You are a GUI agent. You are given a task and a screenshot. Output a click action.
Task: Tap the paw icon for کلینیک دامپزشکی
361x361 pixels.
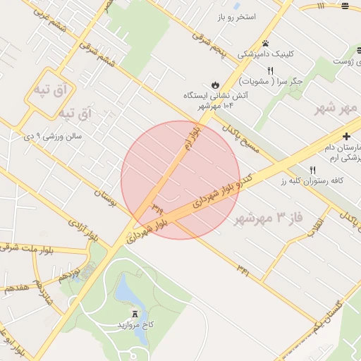tap(265, 43)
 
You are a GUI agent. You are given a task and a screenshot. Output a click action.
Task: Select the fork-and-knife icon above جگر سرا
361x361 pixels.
tap(270, 70)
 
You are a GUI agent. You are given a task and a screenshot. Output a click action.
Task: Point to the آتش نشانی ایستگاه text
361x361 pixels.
tap(207, 95)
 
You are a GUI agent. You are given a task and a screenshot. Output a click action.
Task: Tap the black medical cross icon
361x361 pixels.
tap(346, 135)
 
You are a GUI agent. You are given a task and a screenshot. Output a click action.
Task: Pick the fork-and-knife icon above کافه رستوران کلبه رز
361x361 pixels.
tap(312, 170)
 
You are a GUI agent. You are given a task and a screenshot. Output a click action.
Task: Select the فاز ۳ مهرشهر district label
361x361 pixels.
tap(270, 216)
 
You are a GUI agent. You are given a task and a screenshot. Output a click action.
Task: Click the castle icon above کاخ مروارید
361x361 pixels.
tap(135, 314)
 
